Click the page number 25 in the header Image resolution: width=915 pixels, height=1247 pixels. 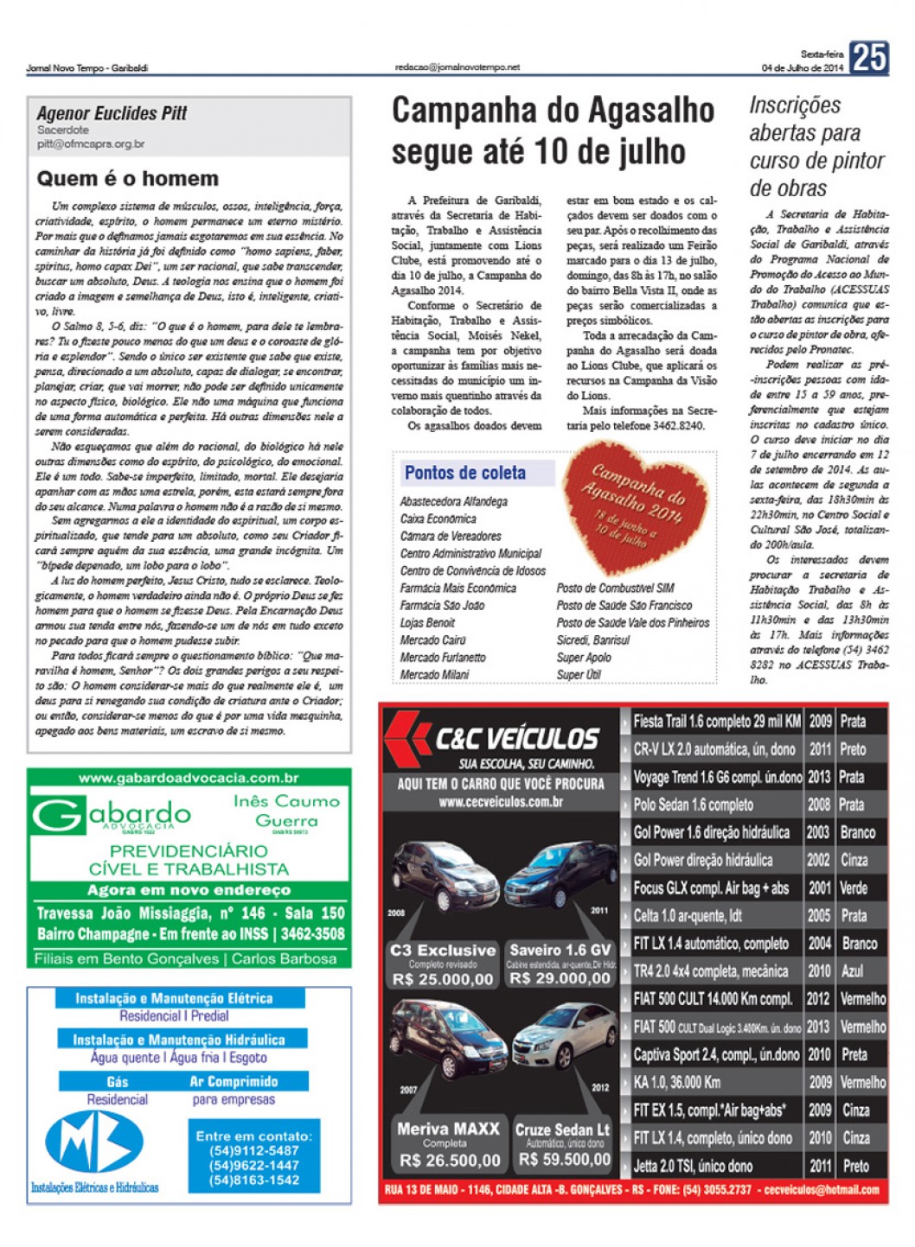click(x=868, y=57)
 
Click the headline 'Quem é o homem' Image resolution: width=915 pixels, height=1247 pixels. click(x=127, y=179)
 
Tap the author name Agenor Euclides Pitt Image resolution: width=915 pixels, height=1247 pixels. click(x=112, y=113)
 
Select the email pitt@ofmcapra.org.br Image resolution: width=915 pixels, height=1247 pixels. click(x=91, y=144)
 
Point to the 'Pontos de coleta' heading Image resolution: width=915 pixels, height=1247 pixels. click(x=465, y=473)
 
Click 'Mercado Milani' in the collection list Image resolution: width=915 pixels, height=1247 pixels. click(x=434, y=675)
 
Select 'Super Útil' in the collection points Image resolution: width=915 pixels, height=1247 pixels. click(x=579, y=675)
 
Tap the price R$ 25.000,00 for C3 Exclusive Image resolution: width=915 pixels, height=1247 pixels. click(x=442, y=979)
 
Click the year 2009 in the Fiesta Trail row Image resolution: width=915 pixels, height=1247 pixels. click(x=820, y=722)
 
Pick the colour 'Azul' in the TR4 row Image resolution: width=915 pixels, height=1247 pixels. click(x=853, y=971)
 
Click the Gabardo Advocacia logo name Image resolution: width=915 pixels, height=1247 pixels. click(x=112, y=814)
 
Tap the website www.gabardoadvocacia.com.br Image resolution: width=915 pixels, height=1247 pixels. click(x=189, y=778)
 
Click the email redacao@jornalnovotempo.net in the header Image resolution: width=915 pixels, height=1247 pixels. click(x=457, y=67)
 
